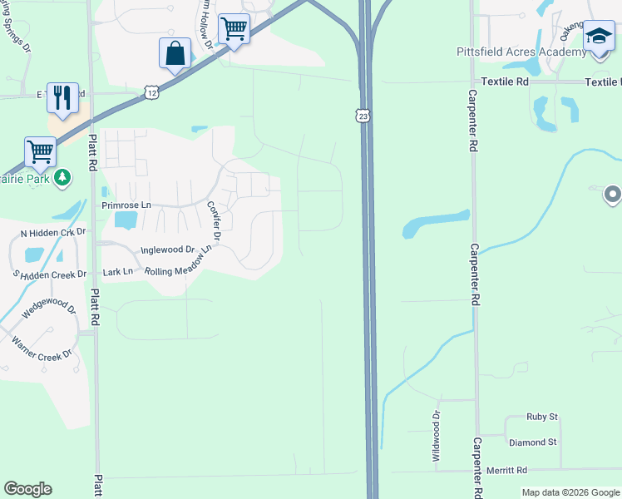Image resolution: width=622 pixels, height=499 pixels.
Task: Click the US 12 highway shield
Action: coord(151,91)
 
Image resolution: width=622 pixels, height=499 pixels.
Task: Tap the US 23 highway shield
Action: coord(363,116)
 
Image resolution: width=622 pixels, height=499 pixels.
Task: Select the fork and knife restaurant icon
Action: coord(62,98)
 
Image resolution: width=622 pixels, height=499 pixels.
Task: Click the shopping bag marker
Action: coord(175,54)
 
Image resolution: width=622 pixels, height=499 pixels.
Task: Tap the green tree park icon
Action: coord(62,178)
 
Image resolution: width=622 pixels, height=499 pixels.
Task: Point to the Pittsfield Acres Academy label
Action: coord(521,52)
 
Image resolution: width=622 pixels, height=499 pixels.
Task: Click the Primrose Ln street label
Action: coord(126,205)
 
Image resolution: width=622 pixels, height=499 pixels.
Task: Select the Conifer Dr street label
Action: coord(214,221)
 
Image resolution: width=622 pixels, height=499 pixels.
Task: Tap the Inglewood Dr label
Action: coord(167,249)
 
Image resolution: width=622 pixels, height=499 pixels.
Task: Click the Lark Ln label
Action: coord(116,271)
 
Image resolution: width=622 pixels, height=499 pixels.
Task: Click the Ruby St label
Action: coord(541,417)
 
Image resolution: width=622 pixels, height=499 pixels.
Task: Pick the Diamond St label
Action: coord(533,442)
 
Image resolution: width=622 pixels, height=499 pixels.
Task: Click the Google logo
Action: coord(27,489)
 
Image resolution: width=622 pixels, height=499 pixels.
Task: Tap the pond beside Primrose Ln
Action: coord(126,220)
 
